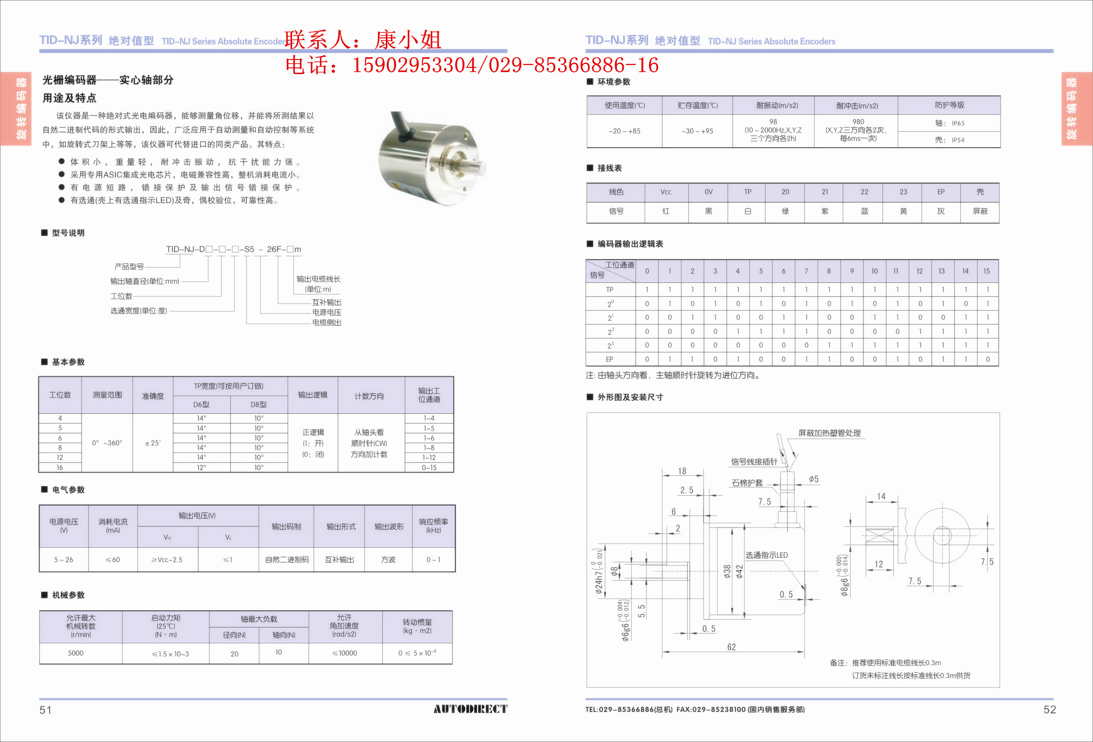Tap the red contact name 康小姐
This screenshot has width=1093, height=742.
point(408,40)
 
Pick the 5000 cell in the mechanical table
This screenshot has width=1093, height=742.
point(76,653)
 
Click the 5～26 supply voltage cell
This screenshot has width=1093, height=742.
point(63,560)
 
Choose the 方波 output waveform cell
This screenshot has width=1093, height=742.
point(388,560)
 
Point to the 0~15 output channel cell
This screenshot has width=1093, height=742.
point(429,467)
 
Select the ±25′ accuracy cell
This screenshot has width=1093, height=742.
point(152,443)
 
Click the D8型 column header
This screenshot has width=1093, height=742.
point(258,404)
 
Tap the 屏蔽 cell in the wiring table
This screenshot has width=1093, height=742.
point(980,211)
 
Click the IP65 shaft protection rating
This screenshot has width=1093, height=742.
point(958,123)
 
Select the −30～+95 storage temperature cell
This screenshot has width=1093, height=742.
point(697,131)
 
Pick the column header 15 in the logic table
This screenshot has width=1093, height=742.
point(986,271)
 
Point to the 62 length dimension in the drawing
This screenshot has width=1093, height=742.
point(731,647)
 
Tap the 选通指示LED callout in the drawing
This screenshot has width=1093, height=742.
point(766,555)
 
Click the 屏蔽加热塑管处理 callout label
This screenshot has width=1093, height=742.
point(829,433)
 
